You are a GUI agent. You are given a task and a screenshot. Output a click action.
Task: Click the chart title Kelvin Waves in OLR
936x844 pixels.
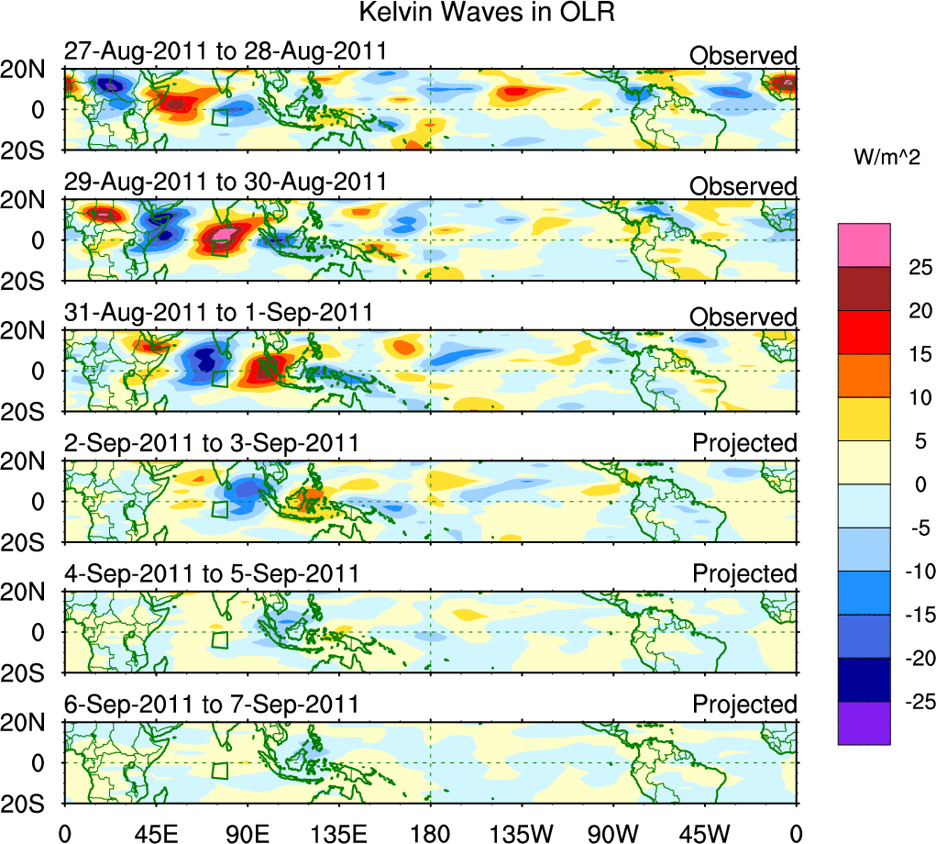(486, 14)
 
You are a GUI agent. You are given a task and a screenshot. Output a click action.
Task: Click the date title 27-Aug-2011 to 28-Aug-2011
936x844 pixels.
(226, 51)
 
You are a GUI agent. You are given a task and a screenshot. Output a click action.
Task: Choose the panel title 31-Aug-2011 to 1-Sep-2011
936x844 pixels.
(219, 312)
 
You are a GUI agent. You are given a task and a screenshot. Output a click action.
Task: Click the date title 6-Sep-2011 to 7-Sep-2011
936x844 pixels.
(212, 705)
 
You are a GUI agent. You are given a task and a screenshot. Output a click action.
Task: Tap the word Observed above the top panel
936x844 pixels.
(743, 56)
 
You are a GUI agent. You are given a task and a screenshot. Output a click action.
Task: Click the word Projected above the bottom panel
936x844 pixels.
(744, 705)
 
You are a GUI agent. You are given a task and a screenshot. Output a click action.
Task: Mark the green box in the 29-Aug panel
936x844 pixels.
(220, 248)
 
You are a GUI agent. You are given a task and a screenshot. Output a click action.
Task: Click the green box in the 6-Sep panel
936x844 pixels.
(220, 771)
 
